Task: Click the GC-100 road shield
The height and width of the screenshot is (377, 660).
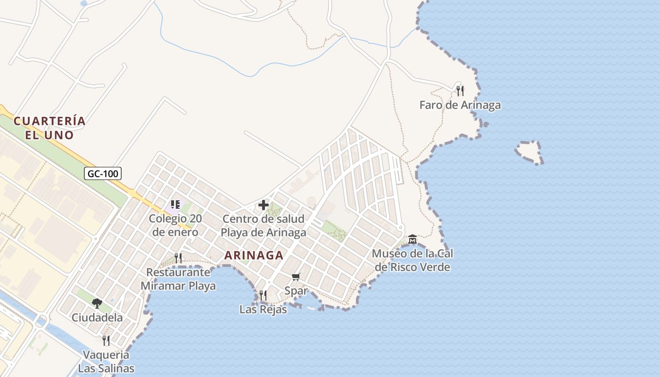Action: click(x=103, y=173)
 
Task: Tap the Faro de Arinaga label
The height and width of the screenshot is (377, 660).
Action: click(x=460, y=105)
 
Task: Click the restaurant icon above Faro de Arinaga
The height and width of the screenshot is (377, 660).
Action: click(x=460, y=90)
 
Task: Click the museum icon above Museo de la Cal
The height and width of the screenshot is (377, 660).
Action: click(x=412, y=239)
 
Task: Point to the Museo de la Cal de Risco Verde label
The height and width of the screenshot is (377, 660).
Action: click(x=412, y=261)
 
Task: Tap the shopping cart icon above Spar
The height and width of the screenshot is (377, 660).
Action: click(x=296, y=277)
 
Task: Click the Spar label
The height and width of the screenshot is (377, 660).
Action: click(x=296, y=291)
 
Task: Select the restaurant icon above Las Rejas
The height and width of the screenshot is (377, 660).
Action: click(x=263, y=295)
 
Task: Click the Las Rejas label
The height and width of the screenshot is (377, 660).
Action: click(x=263, y=310)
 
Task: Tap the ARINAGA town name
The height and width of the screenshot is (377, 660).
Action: click(x=254, y=255)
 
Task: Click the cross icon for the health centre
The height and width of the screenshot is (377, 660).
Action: click(x=264, y=205)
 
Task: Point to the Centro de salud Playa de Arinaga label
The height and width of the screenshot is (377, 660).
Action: click(x=264, y=226)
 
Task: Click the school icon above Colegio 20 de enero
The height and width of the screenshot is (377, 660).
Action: click(x=175, y=205)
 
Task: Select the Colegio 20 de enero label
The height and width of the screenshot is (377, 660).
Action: click(x=175, y=225)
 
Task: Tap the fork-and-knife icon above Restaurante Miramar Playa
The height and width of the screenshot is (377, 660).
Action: click(x=178, y=258)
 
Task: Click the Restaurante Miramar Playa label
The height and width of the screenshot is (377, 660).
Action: click(x=178, y=279)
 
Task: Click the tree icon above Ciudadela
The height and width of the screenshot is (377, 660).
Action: click(x=97, y=303)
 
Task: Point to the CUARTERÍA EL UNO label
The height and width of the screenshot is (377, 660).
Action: click(x=49, y=128)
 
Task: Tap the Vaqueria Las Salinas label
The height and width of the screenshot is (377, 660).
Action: click(x=106, y=361)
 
